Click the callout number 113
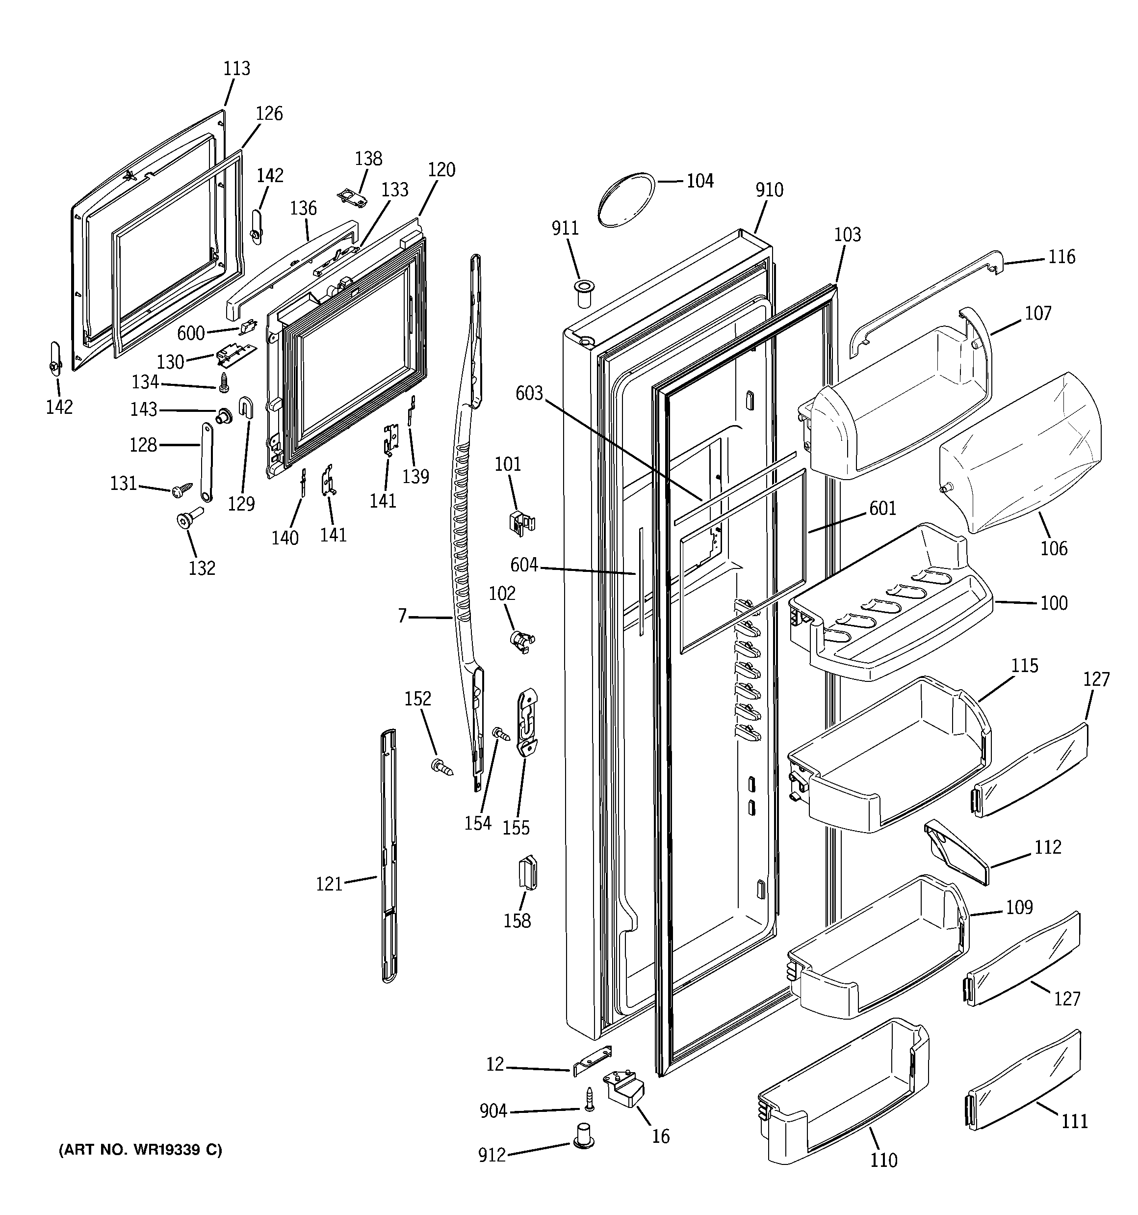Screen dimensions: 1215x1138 236,68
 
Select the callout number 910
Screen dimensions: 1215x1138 769,190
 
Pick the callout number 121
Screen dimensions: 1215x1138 329,884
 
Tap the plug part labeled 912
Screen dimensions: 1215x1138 585,1135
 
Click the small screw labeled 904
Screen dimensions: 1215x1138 590,1098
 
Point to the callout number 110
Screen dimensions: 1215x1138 883,1160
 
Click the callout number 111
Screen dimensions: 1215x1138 1074,1122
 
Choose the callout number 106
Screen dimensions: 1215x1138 1054,548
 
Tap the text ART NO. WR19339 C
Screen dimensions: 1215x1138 140,1150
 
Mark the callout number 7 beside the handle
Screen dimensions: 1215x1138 402,616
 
